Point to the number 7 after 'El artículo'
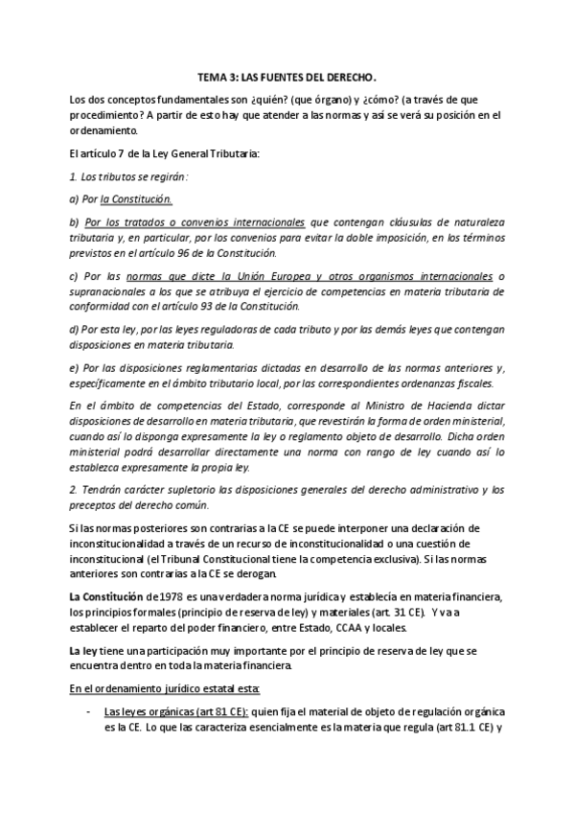[x=122, y=153]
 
